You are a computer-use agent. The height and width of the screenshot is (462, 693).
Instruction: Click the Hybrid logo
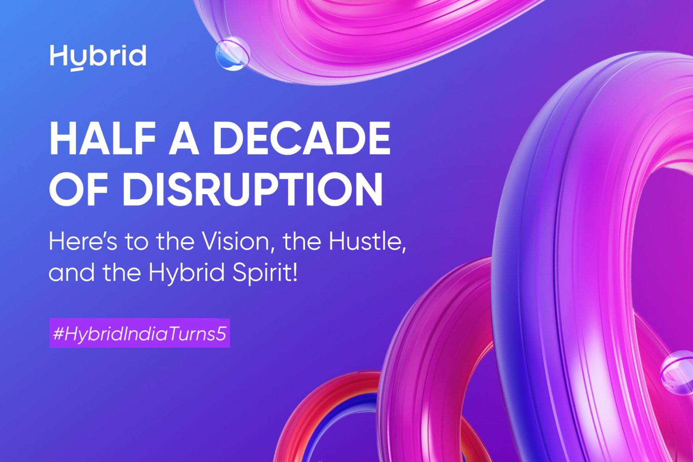point(98,57)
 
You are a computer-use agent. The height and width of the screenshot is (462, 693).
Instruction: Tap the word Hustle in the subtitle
point(366,242)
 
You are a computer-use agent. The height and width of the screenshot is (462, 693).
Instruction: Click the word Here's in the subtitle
point(83,242)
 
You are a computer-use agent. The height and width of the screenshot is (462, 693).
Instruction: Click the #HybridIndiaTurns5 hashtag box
point(139,333)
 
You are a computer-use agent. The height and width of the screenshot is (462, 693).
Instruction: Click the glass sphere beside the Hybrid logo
point(233,54)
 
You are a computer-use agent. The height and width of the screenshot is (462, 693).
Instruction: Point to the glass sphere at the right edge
point(678,372)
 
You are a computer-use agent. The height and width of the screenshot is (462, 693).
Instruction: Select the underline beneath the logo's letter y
point(77,69)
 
